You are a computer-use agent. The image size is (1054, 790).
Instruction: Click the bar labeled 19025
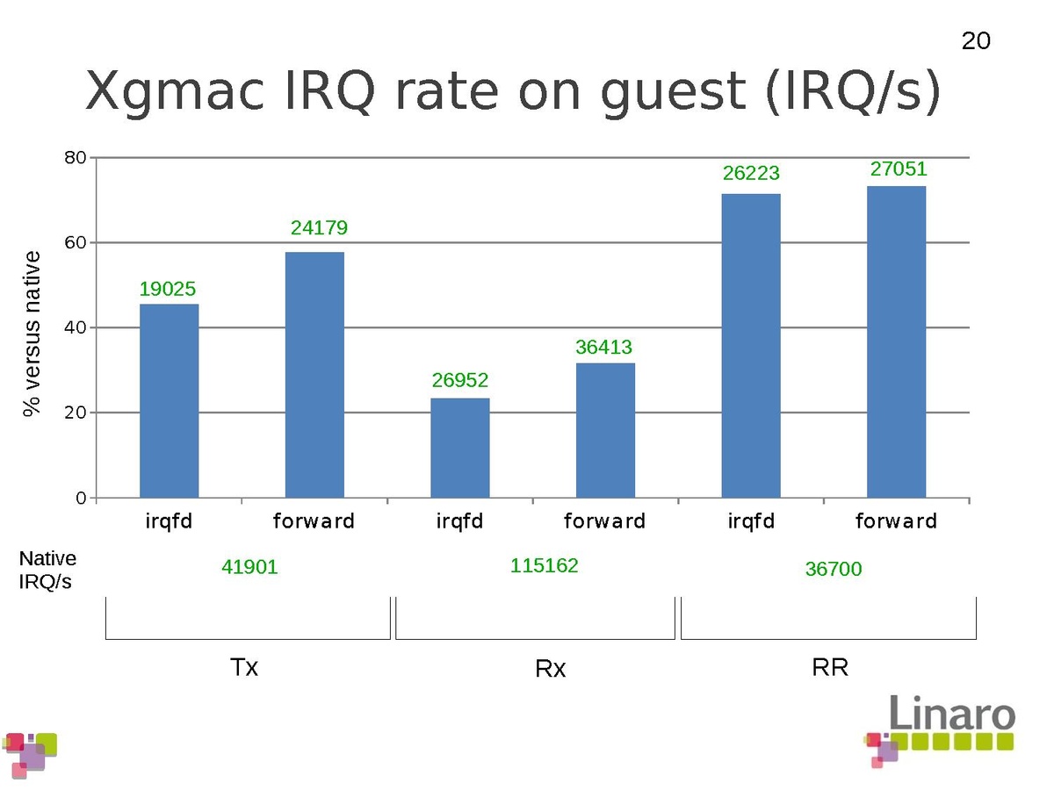tap(170, 400)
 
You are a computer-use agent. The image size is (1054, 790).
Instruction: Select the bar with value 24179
tap(314, 375)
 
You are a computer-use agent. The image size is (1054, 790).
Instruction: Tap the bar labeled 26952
tap(460, 448)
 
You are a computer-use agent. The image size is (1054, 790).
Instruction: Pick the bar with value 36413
tap(605, 430)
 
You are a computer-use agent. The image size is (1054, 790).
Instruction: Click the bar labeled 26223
tap(751, 346)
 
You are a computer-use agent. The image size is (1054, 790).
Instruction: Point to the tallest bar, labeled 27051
tap(896, 341)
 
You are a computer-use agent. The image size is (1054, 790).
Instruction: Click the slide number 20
tap(976, 41)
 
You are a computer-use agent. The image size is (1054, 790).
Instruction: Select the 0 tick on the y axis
tap(81, 498)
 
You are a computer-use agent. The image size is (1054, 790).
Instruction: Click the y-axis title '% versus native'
tap(32, 333)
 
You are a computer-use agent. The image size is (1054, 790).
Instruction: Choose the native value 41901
tap(249, 568)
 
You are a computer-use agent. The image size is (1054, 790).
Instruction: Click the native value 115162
tap(545, 566)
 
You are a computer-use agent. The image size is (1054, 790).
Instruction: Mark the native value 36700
tap(834, 570)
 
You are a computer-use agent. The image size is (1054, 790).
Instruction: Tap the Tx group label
tap(244, 667)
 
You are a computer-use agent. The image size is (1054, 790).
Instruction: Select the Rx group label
tap(551, 669)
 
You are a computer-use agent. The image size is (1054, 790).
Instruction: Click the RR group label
tap(830, 667)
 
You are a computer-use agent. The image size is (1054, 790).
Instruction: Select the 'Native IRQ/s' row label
tap(47, 570)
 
